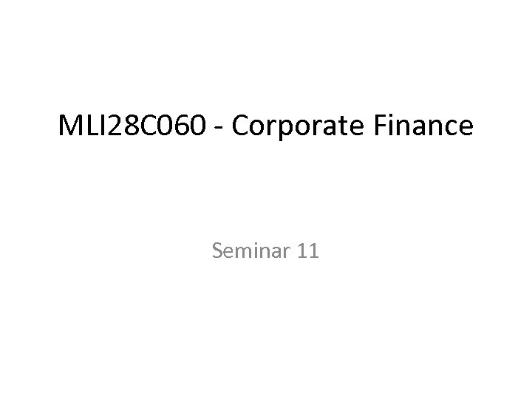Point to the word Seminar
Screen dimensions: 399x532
tap(251, 252)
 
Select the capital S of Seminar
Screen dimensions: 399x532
tap(217, 252)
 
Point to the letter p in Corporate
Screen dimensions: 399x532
tap(284, 130)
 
